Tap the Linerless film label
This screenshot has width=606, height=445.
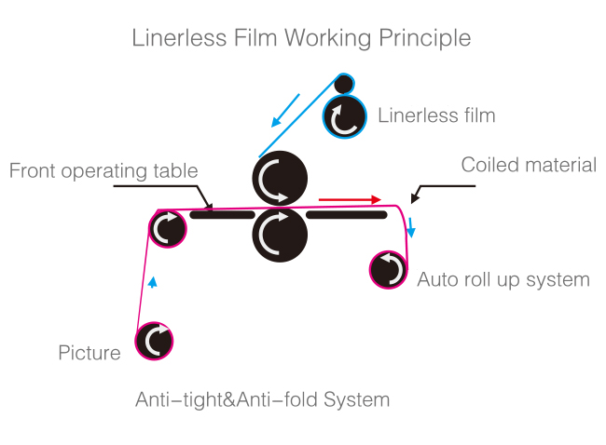coord(435,115)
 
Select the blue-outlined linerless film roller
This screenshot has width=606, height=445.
coord(344,117)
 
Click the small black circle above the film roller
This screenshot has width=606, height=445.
coord(344,85)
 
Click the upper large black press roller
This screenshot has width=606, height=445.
coord(280,177)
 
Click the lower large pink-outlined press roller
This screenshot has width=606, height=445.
coord(280,234)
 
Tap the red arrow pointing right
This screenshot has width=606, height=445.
coord(350,199)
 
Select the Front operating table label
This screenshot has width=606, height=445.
coord(103,171)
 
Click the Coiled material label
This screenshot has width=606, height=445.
coord(529,166)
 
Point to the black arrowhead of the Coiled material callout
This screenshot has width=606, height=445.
coord(415,197)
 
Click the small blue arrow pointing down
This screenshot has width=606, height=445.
coord(411,228)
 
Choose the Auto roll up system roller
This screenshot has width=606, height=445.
coord(389,269)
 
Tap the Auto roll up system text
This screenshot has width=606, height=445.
coord(503,279)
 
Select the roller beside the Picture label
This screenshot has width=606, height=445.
coord(155,341)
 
